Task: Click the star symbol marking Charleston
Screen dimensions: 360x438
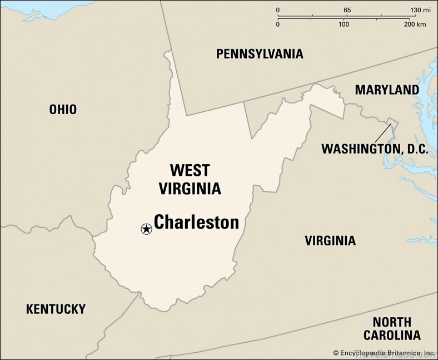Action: pos(146,229)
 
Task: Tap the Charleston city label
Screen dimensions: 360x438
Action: pos(196,223)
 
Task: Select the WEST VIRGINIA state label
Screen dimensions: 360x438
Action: pos(190,179)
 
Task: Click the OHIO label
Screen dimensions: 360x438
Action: pos(63,110)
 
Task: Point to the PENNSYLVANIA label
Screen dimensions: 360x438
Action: pos(260,54)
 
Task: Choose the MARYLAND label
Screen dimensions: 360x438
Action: pos(387,90)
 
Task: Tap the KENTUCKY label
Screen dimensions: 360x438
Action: pos(56,309)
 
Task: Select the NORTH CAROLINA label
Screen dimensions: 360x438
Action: pos(392,328)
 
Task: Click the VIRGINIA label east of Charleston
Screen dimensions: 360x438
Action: pos(330,241)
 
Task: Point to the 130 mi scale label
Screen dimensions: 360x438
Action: pos(420,11)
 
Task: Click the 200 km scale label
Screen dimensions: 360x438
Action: pos(415,24)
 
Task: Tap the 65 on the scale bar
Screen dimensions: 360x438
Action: pos(347,11)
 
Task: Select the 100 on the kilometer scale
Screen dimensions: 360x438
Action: pos(344,24)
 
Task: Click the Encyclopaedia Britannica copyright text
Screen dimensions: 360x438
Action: pos(384,353)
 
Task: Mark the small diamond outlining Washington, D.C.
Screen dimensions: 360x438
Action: pos(392,122)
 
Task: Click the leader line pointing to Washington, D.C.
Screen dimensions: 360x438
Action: pos(382,133)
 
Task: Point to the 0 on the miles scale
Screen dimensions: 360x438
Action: pos(278,11)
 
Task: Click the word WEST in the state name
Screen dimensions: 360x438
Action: pos(190,170)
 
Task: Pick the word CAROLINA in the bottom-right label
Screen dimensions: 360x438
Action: pos(392,336)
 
